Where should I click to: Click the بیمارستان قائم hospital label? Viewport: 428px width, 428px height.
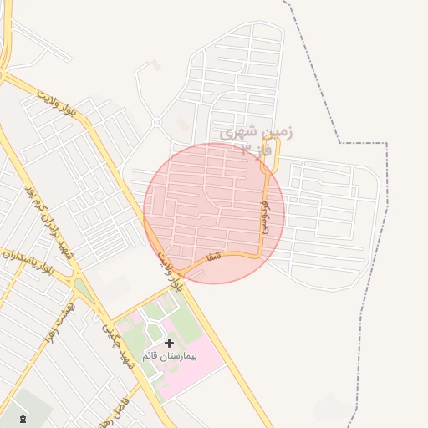(170, 356)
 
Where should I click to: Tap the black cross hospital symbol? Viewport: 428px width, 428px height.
(170, 343)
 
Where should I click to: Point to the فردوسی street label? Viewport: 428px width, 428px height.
(265, 216)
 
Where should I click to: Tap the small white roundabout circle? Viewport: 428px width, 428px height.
(156, 123)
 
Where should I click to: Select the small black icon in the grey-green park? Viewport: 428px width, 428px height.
(22, 418)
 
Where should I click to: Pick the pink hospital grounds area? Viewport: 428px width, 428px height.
(196, 368)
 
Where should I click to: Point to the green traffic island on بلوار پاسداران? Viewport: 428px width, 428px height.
(84, 291)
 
